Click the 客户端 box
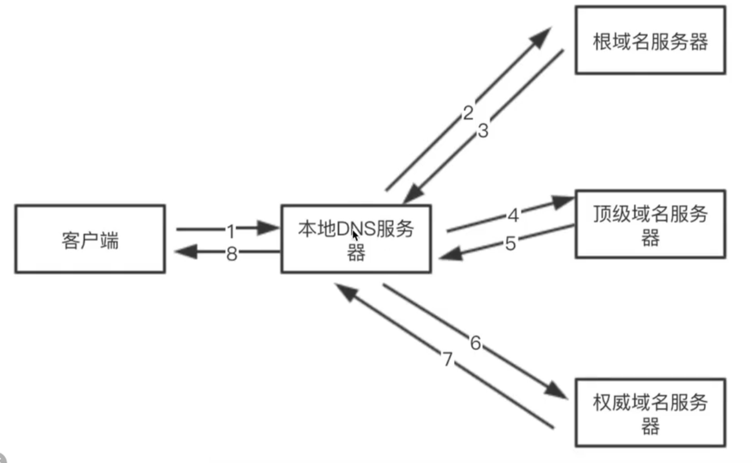[x=90, y=238]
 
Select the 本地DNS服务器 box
[x=355, y=238]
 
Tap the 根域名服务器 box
[x=650, y=40]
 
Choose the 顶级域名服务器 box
[x=650, y=223]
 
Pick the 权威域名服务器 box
[x=650, y=412]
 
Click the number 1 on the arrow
[x=231, y=231]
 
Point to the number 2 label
[x=468, y=113]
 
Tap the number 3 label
[x=483, y=131]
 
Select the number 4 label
[x=513, y=216]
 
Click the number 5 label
[x=510, y=243]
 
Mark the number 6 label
[x=475, y=343]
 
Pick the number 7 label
[x=447, y=360]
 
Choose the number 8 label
[x=231, y=253]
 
